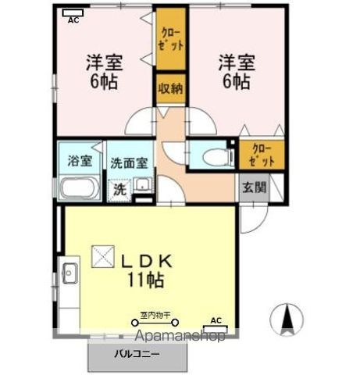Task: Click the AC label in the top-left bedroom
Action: pos(73,18)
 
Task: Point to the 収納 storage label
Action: pos(171,87)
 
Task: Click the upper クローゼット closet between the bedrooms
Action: pos(171,39)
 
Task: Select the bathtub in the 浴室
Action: pos(77,188)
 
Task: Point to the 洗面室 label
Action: pos(128,164)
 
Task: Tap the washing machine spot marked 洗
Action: pos(119,188)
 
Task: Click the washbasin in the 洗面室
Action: pos(142,186)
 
